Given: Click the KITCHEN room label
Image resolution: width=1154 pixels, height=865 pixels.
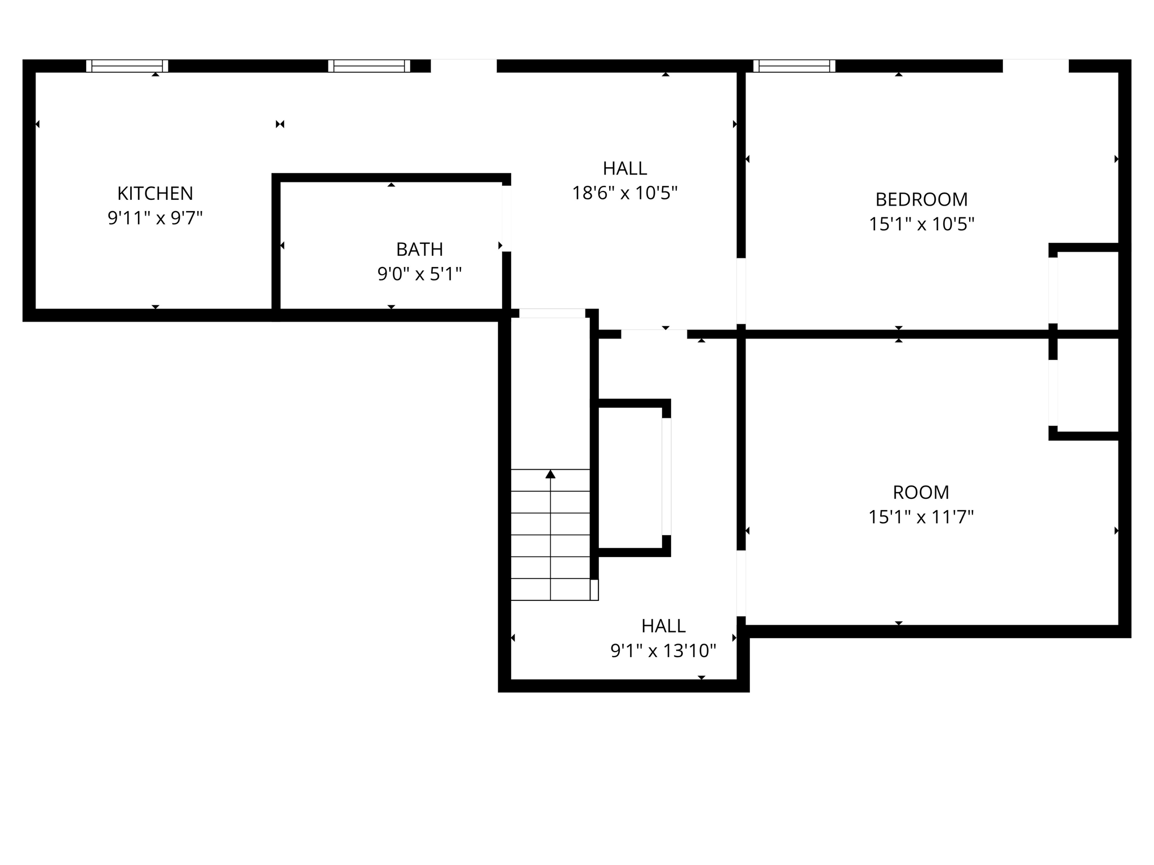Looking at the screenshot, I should tap(155, 193).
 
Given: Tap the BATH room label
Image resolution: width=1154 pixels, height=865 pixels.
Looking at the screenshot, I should tap(419, 249).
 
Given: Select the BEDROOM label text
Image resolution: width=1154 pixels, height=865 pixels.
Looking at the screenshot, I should tap(921, 199).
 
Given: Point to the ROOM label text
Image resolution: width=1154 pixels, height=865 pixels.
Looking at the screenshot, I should tap(921, 492).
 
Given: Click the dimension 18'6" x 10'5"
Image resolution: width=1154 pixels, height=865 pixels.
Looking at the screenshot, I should tap(624, 193).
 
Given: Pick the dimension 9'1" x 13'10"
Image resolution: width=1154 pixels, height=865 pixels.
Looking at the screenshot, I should tap(663, 651).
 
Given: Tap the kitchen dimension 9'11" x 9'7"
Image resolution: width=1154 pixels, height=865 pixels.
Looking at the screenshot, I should tap(155, 218).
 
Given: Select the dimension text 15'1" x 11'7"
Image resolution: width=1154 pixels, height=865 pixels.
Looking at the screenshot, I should tap(921, 517).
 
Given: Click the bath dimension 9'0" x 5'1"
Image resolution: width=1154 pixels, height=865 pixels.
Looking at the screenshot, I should tap(419, 274).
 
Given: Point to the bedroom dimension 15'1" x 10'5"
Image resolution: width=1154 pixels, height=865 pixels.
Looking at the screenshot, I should tap(921, 224).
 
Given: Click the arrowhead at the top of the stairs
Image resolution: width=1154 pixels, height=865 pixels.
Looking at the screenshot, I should tap(551, 474).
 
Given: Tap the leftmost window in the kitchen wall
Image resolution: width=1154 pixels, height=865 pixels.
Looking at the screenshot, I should tap(127, 66).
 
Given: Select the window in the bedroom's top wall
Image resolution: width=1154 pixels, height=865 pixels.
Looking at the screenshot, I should tap(794, 66).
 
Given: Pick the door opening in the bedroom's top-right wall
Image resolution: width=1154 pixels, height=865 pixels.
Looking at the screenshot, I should tap(1035, 66).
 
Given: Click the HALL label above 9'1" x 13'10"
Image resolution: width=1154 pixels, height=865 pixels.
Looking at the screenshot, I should tap(663, 626).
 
